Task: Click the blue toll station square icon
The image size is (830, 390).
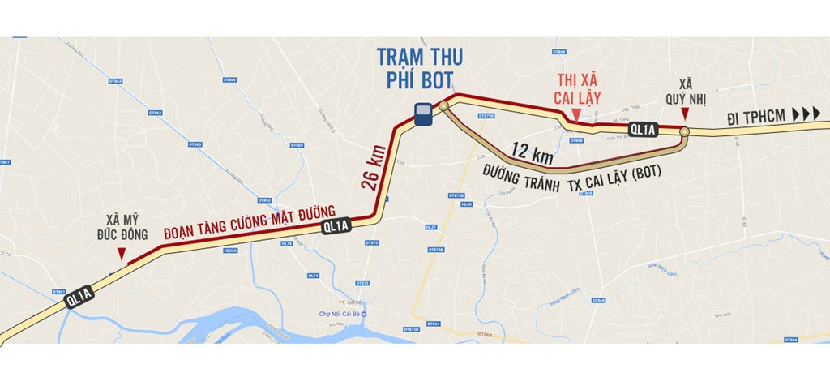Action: (x=422, y=114)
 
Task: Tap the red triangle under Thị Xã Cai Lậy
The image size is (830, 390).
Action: (x=575, y=119)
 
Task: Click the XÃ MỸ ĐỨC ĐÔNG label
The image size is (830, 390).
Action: (x=126, y=227)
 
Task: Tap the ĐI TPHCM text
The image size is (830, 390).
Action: (x=755, y=117)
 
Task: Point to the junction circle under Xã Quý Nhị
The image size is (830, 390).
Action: (x=685, y=131)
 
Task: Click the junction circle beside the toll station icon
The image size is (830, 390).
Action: (x=443, y=105)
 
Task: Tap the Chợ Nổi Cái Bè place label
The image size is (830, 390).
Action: (x=341, y=315)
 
